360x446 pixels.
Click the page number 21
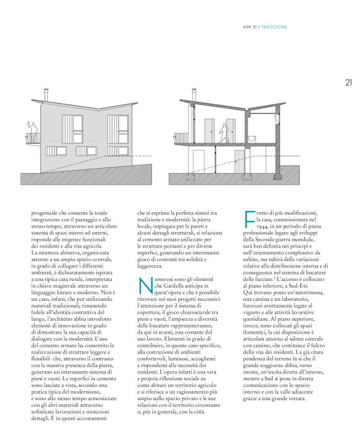[348, 81]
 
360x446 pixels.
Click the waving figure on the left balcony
[33, 128]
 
